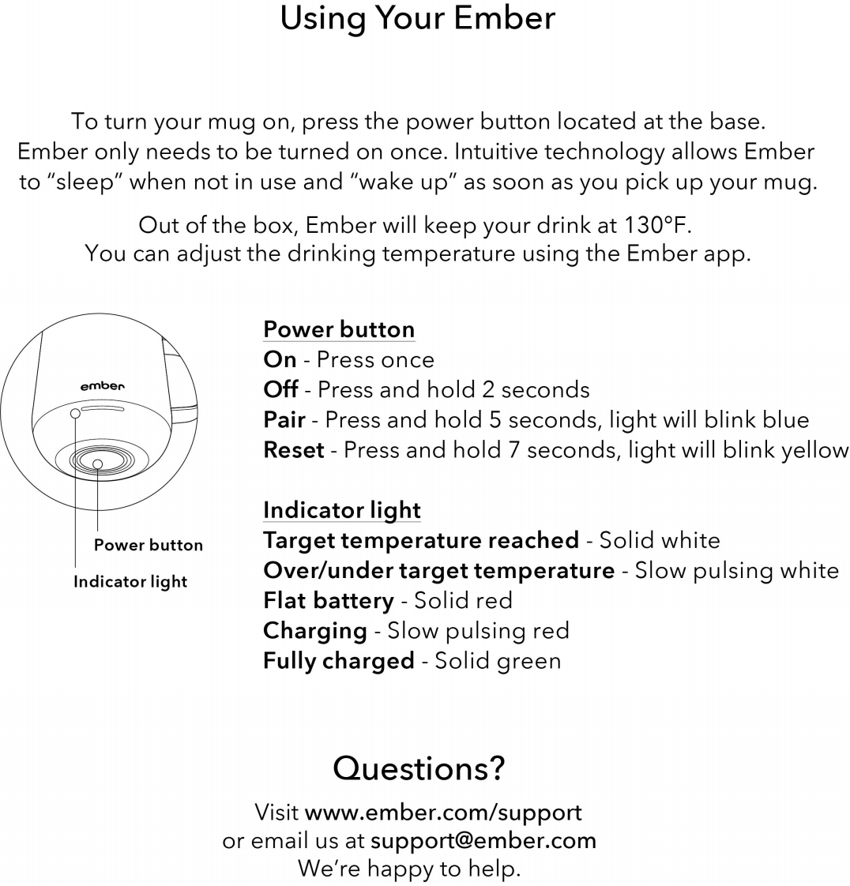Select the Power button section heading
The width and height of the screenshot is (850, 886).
tap(339, 329)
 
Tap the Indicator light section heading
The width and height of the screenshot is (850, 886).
tap(341, 510)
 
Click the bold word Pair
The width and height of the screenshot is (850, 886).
tap(284, 419)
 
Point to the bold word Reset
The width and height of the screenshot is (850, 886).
tap(293, 450)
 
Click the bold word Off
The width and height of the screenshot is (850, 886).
tap(280, 389)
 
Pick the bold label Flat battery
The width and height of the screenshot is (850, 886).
tap(328, 600)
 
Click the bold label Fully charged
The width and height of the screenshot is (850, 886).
tap(338, 660)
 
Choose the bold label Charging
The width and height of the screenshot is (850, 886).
tap(314, 630)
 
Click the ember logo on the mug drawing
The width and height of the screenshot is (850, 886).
tap(103, 386)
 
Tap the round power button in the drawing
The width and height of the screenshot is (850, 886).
tap(97, 464)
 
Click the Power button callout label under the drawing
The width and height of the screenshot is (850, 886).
tap(149, 545)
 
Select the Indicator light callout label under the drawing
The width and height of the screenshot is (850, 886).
tap(130, 582)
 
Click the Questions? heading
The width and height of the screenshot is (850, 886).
tap(419, 768)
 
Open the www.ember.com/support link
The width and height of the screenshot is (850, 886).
tap(443, 812)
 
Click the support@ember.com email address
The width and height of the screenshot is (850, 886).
tap(483, 840)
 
